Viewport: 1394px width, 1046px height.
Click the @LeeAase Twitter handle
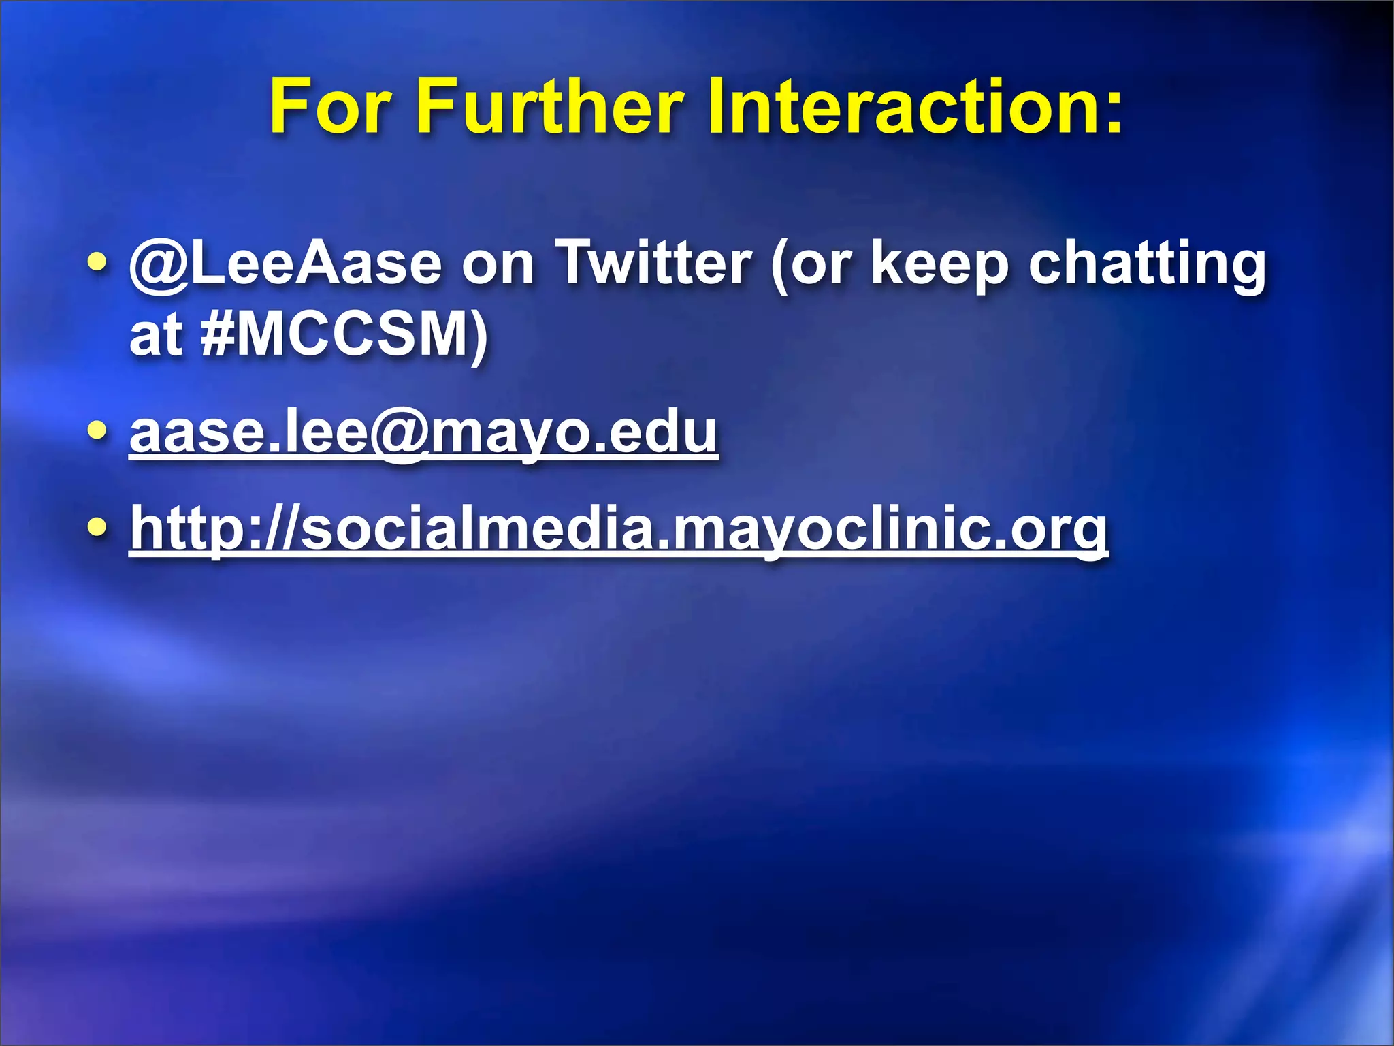click(286, 264)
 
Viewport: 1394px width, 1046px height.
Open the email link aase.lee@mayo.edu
click(423, 433)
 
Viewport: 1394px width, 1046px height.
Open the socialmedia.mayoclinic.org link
click(619, 530)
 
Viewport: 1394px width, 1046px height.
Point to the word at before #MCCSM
click(156, 334)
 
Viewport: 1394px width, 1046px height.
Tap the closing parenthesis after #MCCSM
click(480, 336)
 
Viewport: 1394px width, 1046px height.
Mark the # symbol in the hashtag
click(217, 334)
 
